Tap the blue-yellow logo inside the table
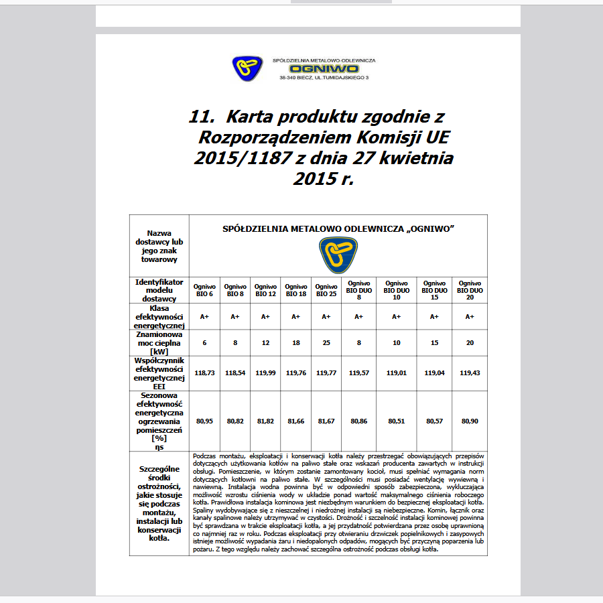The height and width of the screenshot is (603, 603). click(338, 255)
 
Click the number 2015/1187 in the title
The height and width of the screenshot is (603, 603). click(234, 159)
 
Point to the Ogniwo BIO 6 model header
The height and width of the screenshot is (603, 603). click(204, 289)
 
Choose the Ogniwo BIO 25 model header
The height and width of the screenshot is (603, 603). click(326, 289)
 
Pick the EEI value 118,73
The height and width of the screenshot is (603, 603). click(204, 373)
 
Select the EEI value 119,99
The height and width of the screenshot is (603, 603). click(265, 373)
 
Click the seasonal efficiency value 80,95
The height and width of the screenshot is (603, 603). click(204, 421)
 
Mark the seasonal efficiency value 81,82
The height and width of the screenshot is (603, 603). click(265, 421)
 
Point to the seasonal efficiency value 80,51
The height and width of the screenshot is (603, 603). click(397, 421)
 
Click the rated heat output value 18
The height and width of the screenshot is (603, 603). click(296, 342)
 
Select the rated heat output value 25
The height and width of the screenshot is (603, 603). click(326, 342)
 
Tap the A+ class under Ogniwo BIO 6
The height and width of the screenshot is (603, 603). click(204, 316)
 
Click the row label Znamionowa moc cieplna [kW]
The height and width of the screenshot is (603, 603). click(159, 342)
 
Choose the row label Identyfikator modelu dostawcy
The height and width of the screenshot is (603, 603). click(159, 290)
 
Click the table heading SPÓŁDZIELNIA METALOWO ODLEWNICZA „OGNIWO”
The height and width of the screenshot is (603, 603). click(338, 228)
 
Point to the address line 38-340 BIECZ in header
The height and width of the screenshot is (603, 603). click(324, 78)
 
